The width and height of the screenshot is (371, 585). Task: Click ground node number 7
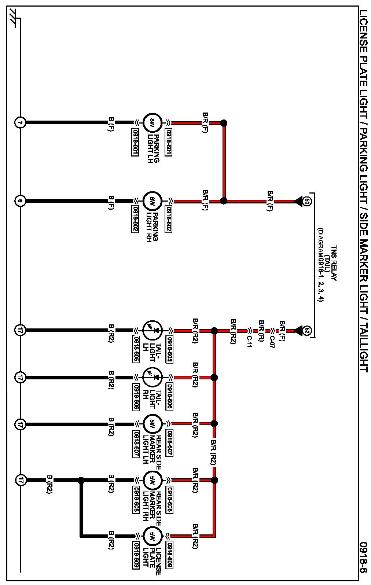[x=20, y=123]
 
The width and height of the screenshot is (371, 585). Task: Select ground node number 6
[x=20, y=201]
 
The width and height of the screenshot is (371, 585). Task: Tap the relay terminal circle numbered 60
[x=307, y=201]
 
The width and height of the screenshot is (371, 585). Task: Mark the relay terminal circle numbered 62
[x=307, y=330]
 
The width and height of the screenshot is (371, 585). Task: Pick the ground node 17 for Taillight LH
[x=20, y=330]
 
